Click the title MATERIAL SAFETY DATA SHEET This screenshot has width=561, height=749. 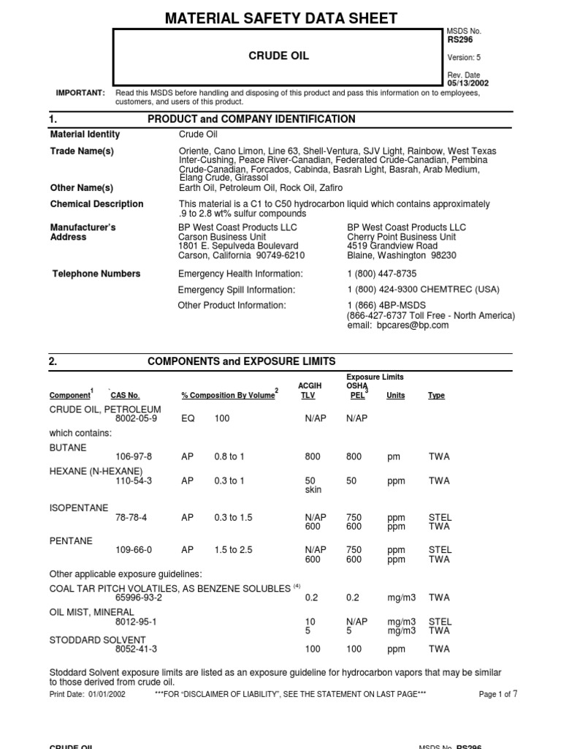coord(280,18)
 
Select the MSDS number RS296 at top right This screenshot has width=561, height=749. coord(459,40)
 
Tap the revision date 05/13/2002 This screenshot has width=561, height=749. coord(467,83)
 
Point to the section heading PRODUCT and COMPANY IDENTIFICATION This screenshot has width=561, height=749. coord(251,119)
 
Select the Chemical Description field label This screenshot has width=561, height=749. coord(96,204)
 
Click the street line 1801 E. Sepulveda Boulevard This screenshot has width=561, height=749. coord(238,246)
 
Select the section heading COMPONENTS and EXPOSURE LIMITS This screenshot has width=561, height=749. coord(242,361)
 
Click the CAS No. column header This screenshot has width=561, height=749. coord(124,396)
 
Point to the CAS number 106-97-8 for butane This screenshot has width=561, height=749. coord(134,456)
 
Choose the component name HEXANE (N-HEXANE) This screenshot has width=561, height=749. coord(96,471)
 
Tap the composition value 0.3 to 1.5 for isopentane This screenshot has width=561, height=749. coord(233,517)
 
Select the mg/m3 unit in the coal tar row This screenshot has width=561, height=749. coord(401,598)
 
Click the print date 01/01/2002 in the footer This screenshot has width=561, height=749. coord(104,694)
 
